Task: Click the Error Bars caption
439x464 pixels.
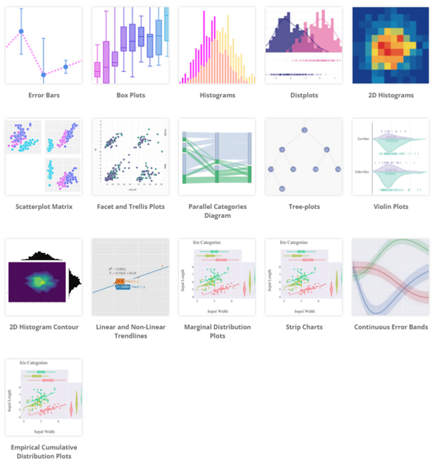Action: [43, 95]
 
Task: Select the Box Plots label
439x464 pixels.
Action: [130, 95]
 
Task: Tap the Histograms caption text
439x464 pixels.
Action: [217, 95]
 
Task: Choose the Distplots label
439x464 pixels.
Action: [304, 95]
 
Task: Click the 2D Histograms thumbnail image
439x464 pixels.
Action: [390, 45]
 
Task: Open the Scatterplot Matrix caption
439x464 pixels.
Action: [43, 207]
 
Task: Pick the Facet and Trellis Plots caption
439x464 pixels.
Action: [130, 207]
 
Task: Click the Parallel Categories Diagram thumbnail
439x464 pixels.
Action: [217, 157]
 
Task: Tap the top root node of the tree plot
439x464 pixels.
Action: [305, 130]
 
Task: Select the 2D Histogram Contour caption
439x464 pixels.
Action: [43, 327]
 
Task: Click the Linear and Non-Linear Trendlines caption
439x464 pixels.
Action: [130, 331]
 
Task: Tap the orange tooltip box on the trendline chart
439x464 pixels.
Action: [121, 281]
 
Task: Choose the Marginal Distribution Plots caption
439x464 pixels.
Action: [217, 331]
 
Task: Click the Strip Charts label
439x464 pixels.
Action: [304, 327]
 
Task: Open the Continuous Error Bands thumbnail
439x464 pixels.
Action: [390, 277]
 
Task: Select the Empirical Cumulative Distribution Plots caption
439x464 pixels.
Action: [43, 451]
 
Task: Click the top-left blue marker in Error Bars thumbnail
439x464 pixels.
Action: [21, 31]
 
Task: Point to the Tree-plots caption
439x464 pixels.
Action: [304, 207]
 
